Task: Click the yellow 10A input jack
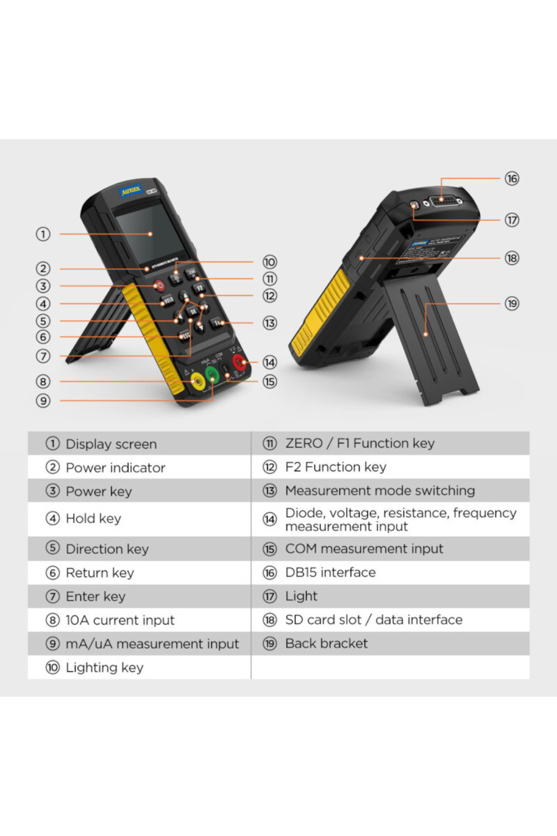(197, 382)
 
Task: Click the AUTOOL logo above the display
(131, 191)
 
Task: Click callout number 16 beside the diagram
(511, 178)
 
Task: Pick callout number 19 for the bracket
(511, 304)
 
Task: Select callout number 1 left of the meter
(43, 234)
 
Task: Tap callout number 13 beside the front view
(270, 323)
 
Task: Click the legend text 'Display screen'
(111, 444)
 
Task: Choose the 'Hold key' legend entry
(93, 518)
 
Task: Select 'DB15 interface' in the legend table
(330, 572)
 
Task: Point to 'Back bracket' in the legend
(326, 644)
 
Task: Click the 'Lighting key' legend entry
(104, 668)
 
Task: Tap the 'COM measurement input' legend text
(364, 549)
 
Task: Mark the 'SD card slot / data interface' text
(373, 620)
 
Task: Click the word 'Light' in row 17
(301, 596)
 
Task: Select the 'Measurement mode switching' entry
(380, 491)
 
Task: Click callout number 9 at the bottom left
(43, 401)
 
